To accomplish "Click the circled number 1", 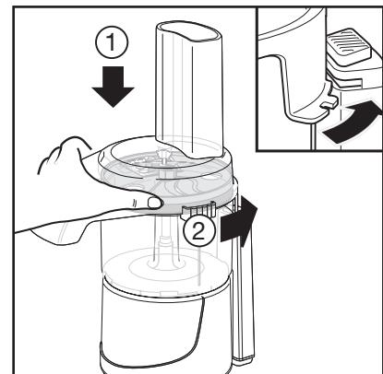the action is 112,42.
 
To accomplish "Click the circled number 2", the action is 198,231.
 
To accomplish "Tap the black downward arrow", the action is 113,87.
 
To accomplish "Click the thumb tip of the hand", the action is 155,203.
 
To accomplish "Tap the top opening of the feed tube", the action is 189,31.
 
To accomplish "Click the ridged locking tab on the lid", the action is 198,211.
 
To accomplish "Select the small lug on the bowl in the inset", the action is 329,103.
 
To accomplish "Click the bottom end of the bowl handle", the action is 244,357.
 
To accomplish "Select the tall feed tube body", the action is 188,89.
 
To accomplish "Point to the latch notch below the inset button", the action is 344,80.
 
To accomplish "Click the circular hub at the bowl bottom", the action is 166,263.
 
